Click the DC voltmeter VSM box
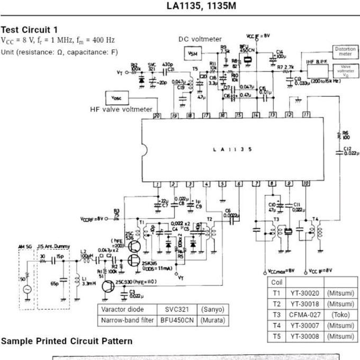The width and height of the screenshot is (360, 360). click(193, 53)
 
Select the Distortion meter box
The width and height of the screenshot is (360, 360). click(345, 51)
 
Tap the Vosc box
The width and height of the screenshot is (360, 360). click(117, 98)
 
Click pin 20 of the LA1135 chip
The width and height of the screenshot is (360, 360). click(157, 115)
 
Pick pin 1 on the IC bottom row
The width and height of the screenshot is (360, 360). click(157, 184)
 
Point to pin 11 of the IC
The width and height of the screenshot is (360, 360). click(306, 114)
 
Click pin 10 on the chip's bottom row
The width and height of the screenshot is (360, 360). click(306, 184)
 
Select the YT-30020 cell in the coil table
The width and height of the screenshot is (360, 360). click(304, 293)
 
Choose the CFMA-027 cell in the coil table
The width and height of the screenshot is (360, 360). click(304, 314)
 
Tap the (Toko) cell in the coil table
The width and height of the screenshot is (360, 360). click(339, 314)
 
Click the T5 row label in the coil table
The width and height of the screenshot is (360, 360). click(276, 336)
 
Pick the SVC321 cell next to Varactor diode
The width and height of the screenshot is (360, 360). click(176, 309)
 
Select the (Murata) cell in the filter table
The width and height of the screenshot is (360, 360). click(212, 320)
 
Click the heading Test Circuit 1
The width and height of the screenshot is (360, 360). click(30, 30)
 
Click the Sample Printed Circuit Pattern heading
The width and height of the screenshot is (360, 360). click(67, 341)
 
